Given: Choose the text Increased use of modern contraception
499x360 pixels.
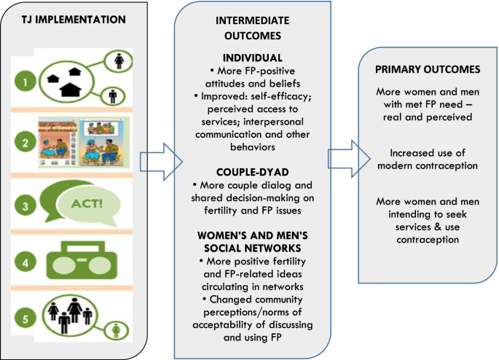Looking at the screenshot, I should tap(427, 160).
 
